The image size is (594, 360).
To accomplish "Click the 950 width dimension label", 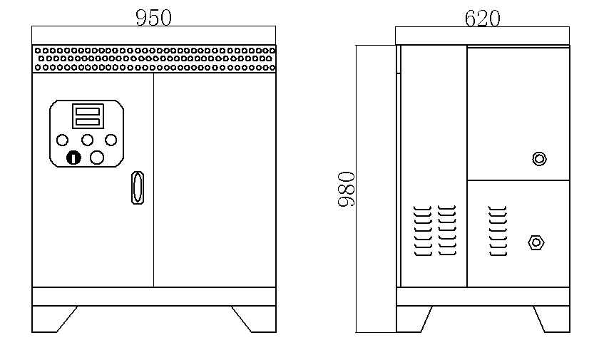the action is [153, 18].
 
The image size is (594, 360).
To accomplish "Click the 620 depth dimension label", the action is [482, 18].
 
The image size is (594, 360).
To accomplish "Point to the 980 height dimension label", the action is [347, 189].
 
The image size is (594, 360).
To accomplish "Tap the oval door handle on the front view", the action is [138, 187].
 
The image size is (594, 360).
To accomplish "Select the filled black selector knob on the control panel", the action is [73, 158].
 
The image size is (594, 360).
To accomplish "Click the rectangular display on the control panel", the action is [88, 116].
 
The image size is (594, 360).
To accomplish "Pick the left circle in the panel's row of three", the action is [63, 140].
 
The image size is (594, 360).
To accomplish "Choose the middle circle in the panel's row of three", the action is [88, 140].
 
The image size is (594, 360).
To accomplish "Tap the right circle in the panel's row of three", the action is [111, 140].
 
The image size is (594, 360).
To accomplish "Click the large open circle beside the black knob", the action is [97, 158].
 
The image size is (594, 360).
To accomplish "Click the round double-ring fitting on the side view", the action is [539, 158].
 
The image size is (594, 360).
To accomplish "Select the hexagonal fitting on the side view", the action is [536, 242].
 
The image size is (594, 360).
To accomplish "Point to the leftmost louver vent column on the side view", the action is [423, 231].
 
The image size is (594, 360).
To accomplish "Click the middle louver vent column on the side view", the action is [447, 230].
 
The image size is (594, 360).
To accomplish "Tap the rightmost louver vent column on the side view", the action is [498, 231].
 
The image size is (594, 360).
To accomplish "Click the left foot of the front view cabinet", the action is [49, 319].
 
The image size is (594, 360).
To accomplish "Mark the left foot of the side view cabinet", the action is [411, 319].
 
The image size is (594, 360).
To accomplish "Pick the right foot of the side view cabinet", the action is [554, 319].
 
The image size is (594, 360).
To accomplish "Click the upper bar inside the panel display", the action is [88, 112].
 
